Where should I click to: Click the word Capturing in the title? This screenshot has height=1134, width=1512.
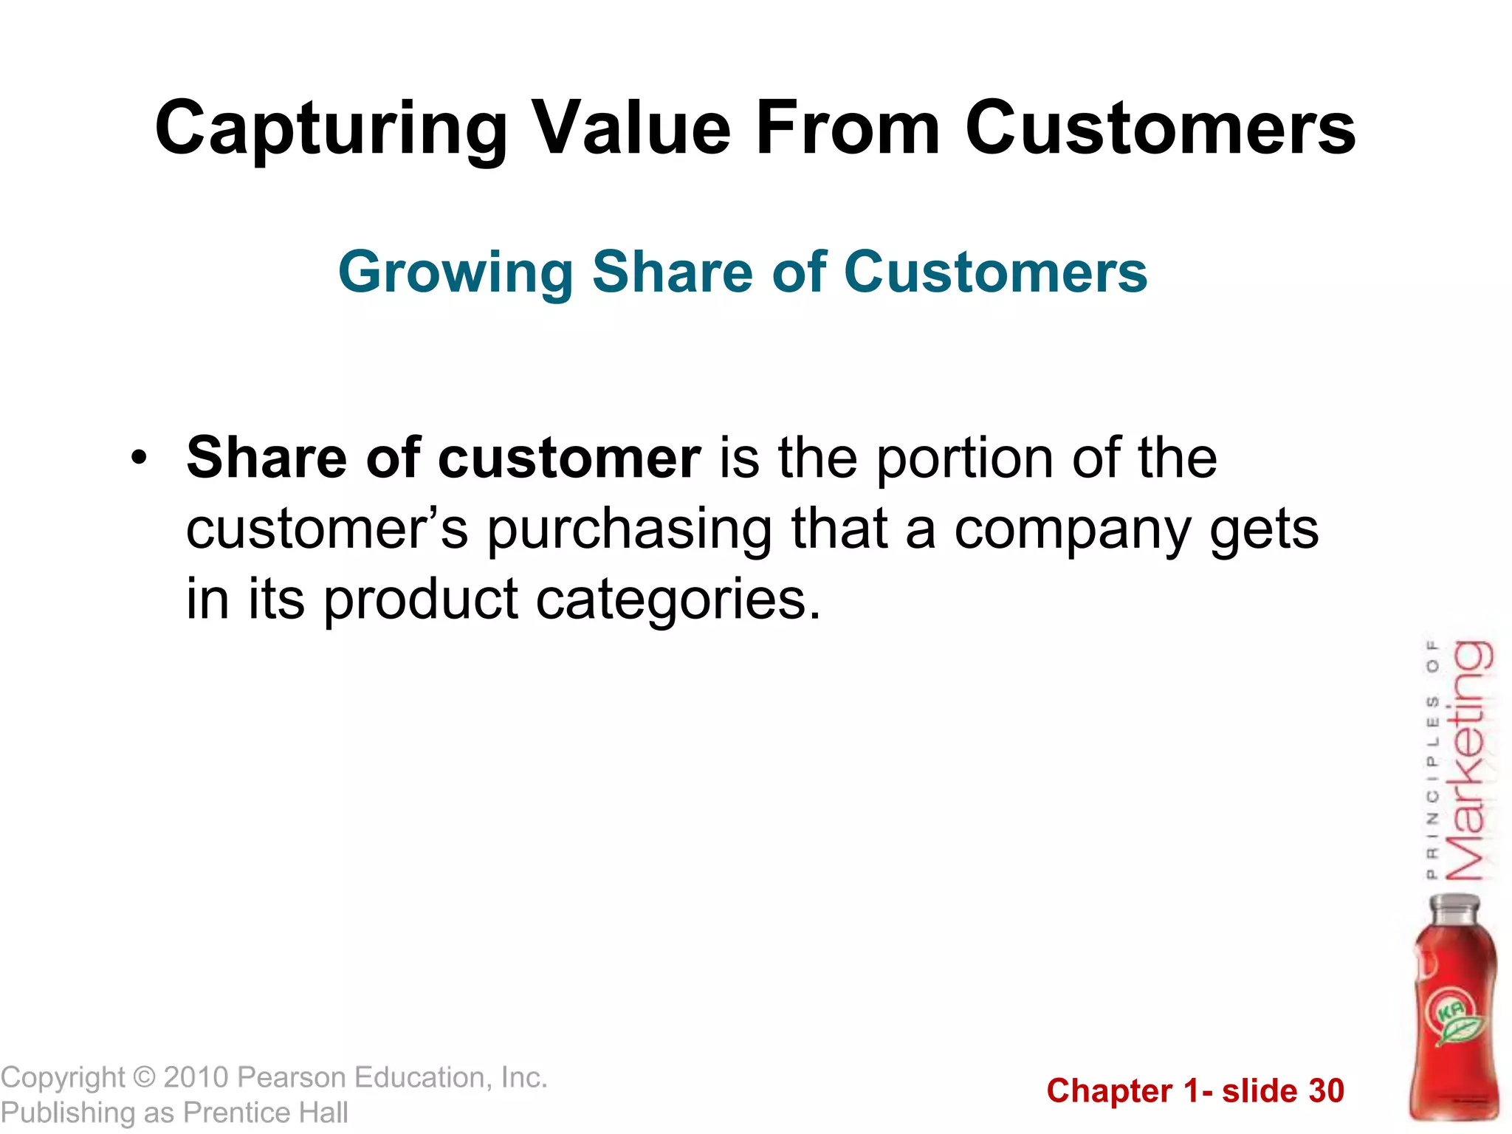[x=331, y=130]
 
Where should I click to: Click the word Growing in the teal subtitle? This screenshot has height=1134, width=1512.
[x=456, y=273]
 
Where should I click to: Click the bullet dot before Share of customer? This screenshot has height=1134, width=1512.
[x=138, y=458]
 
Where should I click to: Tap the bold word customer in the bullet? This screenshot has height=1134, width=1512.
[x=568, y=458]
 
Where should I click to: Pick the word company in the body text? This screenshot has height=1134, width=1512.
[x=1073, y=531]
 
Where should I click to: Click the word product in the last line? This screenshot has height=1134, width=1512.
[x=421, y=599]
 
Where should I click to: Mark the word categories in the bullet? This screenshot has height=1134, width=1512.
[x=677, y=599]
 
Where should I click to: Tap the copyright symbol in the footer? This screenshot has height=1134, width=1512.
[x=144, y=1078]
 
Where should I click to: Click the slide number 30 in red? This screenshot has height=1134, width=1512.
[x=1326, y=1091]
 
